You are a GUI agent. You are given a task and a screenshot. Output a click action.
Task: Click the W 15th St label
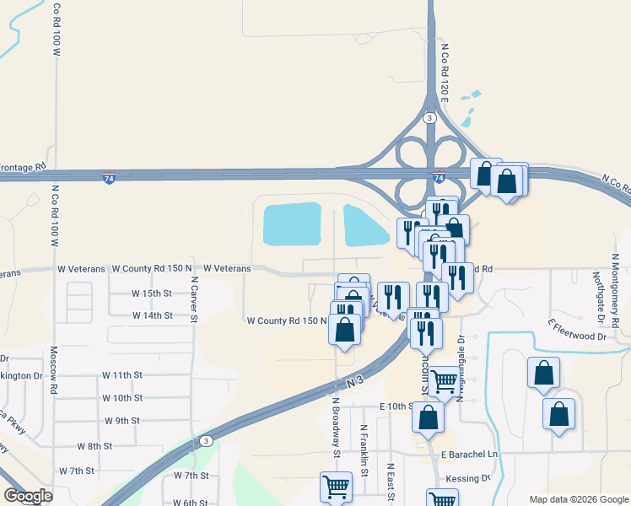click(152, 293)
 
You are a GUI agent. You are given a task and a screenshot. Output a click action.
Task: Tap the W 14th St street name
click(152, 315)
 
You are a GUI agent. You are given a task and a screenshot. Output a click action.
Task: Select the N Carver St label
click(193, 299)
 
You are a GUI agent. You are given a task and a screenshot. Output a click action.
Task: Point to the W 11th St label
click(122, 374)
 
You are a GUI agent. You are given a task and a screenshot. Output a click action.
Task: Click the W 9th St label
click(122, 420)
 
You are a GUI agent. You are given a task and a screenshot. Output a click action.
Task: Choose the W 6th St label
click(191, 503)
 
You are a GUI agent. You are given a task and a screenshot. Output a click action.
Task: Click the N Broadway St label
click(336, 428)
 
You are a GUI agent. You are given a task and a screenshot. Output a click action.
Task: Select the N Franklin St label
click(364, 450)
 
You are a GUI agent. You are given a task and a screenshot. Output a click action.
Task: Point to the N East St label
click(391, 482)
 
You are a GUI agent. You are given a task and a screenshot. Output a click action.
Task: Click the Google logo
click(29, 496)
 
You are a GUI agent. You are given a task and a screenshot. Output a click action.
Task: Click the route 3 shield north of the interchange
click(430, 117)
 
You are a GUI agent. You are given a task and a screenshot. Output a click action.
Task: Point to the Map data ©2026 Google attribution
click(578, 499)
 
